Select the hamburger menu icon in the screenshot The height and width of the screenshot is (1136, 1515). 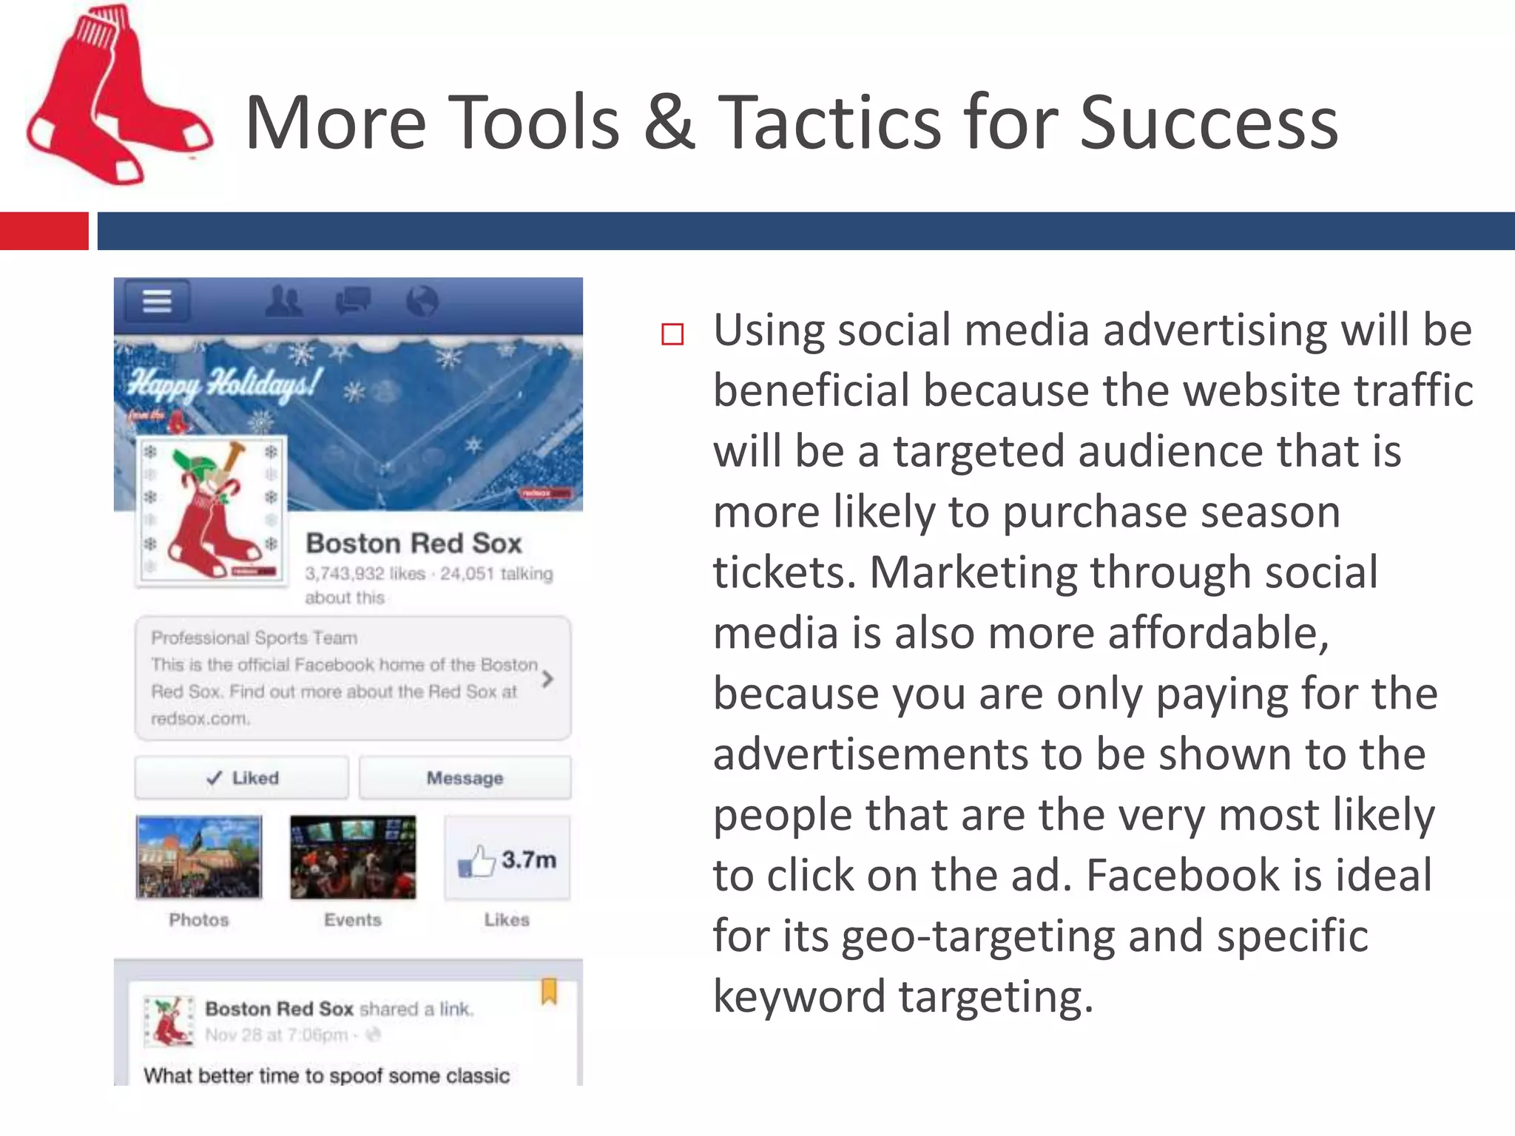[157, 301]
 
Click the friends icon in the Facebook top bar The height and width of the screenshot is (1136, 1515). [283, 301]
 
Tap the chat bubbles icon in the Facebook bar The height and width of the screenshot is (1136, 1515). [353, 301]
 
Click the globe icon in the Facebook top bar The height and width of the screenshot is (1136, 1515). [422, 301]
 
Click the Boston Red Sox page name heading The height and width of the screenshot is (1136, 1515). [414, 544]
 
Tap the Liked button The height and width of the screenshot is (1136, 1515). [242, 778]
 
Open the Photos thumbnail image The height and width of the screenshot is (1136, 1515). [199, 857]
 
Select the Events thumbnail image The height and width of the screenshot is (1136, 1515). [353, 857]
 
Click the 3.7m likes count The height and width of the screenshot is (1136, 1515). [528, 860]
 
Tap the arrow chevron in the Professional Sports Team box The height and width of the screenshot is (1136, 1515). [547, 678]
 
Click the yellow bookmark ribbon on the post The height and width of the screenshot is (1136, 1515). [549, 992]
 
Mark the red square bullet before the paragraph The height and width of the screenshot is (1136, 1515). [672, 334]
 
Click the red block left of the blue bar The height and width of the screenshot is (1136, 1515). [44, 231]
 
